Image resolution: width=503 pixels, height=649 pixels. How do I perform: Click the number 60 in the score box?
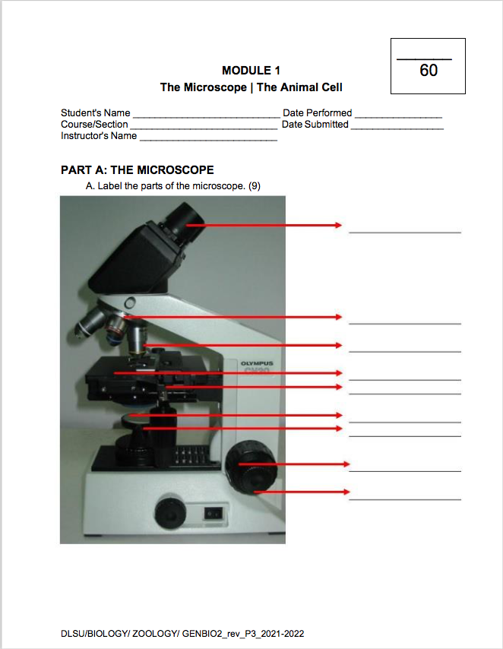pyautogui.click(x=429, y=71)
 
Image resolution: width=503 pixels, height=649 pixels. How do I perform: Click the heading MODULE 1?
pyautogui.click(x=251, y=71)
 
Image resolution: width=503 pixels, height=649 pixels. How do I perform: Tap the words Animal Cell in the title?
pyautogui.click(x=299, y=87)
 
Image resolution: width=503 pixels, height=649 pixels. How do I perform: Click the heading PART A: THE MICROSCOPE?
pyautogui.click(x=137, y=170)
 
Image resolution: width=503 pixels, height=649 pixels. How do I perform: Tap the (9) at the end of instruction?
pyautogui.click(x=255, y=185)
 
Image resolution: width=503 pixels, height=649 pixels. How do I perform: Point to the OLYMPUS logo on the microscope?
pyautogui.click(x=256, y=364)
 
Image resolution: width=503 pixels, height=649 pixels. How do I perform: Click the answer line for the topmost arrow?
pyautogui.click(x=404, y=231)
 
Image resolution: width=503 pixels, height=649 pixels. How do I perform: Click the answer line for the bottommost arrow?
pyautogui.click(x=404, y=499)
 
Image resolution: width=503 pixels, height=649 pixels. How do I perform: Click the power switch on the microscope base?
pyautogui.click(x=215, y=513)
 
